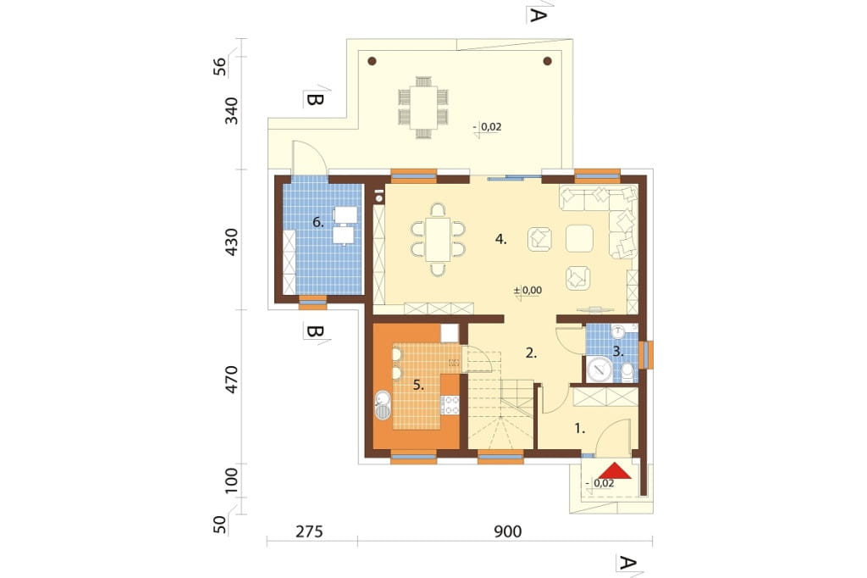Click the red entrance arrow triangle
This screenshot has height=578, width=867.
[x=615, y=470]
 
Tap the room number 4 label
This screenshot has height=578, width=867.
[x=501, y=240]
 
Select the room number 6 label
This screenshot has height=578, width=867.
[x=318, y=223]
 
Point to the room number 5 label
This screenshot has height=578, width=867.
[x=418, y=386]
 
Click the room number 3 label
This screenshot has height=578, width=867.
[x=618, y=352]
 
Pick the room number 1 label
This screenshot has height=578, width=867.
[x=579, y=428]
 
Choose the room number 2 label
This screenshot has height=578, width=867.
[x=531, y=353]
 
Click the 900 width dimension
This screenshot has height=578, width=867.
[x=508, y=532]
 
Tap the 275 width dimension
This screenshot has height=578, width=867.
[x=309, y=532]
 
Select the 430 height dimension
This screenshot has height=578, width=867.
[x=231, y=242]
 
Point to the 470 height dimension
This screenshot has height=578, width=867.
[x=231, y=380]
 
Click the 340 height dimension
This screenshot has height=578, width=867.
[x=231, y=111]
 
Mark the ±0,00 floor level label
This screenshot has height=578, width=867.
[x=527, y=290]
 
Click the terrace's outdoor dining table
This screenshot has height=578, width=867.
[x=423, y=108]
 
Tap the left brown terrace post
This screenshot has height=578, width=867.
[x=373, y=61]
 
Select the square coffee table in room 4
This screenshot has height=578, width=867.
[x=579, y=239]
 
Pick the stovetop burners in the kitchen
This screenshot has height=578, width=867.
[x=450, y=405]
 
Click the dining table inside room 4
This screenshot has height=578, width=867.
[x=438, y=240]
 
